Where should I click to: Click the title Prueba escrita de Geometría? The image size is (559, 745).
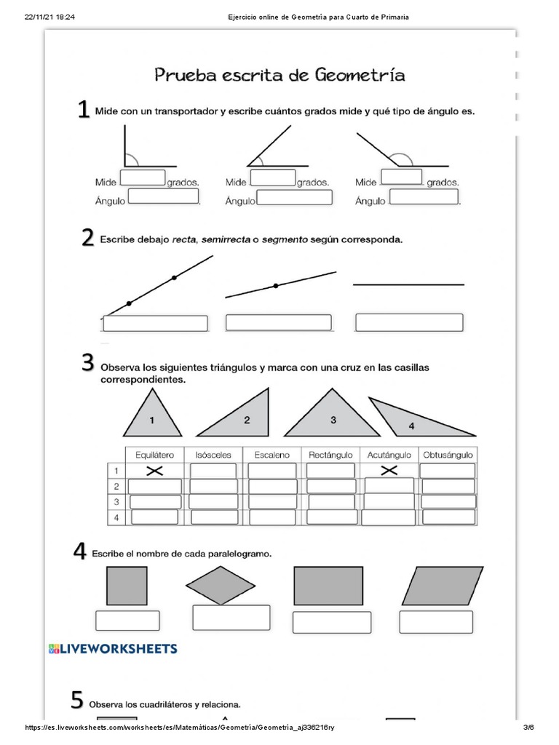click(x=279, y=75)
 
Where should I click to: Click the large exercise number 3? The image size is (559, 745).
click(x=87, y=362)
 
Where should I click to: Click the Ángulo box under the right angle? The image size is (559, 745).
click(x=163, y=196)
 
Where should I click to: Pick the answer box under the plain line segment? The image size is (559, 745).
click(x=409, y=322)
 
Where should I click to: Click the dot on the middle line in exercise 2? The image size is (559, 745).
click(x=276, y=286)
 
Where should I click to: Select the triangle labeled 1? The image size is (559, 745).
click(x=151, y=414)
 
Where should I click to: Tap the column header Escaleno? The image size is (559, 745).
click(x=271, y=455)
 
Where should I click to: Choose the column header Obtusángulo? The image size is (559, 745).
click(x=447, y=455)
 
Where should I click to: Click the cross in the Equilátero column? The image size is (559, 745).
click(x=154, y=471)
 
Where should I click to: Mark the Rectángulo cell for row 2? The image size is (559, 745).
click(x=330, y=486)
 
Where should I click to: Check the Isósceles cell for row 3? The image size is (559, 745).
click(x=213, y=501)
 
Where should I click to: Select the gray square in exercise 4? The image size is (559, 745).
click(x=127, y=586)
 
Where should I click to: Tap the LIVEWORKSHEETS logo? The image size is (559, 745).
click(x=113, y=648)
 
